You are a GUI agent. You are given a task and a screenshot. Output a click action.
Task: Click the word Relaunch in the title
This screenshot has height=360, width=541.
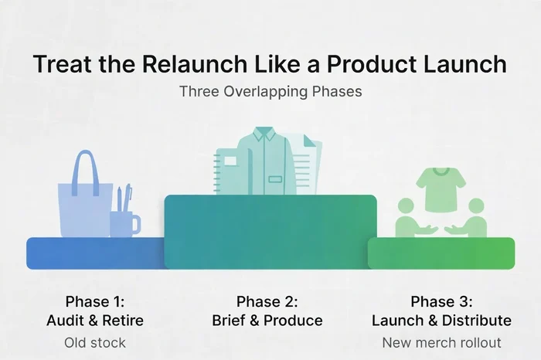195,64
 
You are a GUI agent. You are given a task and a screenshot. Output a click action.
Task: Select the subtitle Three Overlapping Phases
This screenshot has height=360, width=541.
270,92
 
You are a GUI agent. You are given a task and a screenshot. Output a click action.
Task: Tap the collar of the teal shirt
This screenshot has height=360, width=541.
264,134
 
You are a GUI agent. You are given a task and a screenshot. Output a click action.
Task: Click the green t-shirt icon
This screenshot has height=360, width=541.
441,189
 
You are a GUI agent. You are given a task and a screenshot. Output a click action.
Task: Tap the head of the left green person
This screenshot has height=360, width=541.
406,205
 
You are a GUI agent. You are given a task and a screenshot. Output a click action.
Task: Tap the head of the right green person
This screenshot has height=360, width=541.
476,205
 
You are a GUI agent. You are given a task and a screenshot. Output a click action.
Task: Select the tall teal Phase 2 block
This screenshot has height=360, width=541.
270,232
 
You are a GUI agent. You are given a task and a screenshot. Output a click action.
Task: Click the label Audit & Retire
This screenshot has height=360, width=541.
95,321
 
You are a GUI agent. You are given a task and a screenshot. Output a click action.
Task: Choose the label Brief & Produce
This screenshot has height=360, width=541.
267,321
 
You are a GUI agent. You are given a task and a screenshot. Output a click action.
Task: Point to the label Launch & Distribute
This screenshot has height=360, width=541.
441,321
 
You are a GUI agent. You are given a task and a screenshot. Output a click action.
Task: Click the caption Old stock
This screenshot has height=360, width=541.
95,343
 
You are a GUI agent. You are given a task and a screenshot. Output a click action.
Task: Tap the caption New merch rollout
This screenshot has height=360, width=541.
441,343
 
